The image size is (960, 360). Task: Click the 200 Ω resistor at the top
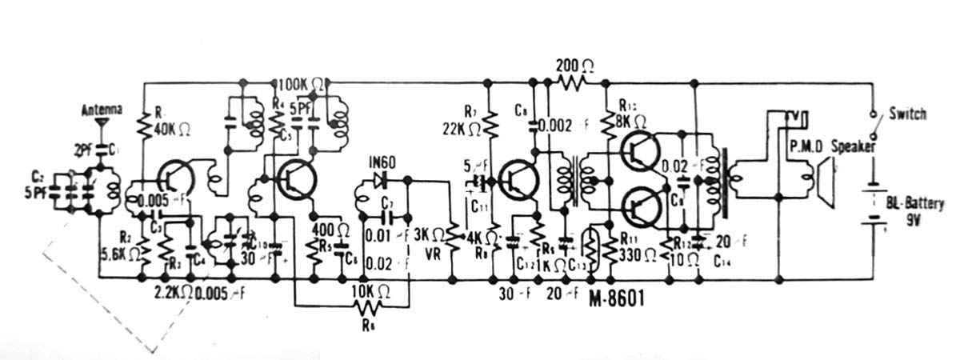point(572,82)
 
